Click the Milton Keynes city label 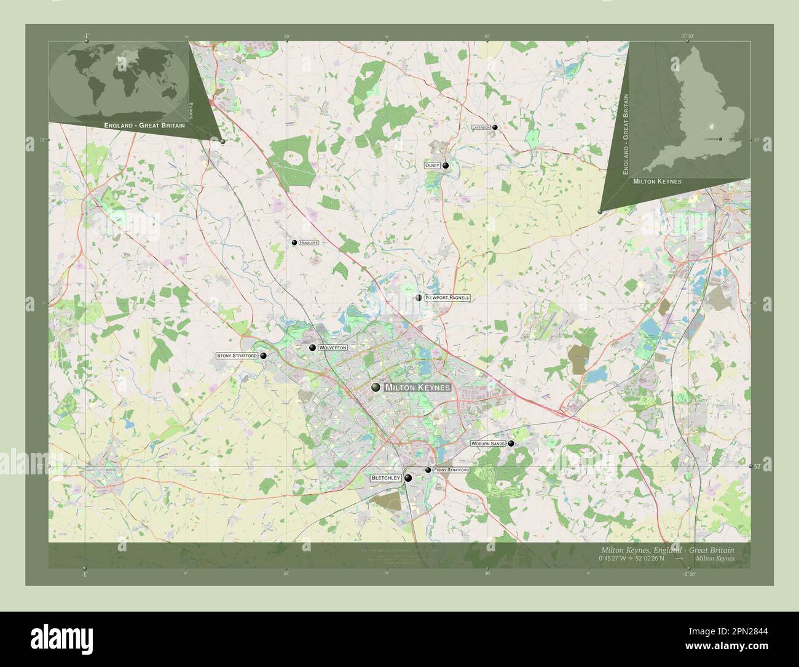click(x=417, y=388)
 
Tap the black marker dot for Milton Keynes click(x=376, y=387)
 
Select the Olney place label click(x=431, y=166)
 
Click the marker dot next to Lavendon click(x=495, y=127)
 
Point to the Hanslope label click(x=309, y=244)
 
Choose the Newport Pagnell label click(x=447, y=298)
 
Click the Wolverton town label click(x=333, y=348)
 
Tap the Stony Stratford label click(x=237, y=356)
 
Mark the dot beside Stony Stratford click(x=264, y=356)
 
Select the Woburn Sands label click(x=488, y=443)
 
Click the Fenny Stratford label click(x=451, y=470)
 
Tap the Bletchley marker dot click(x=407, y=477)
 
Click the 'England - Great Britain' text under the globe click(x=144, y=125)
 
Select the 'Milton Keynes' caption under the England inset click(x=653, y=182)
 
